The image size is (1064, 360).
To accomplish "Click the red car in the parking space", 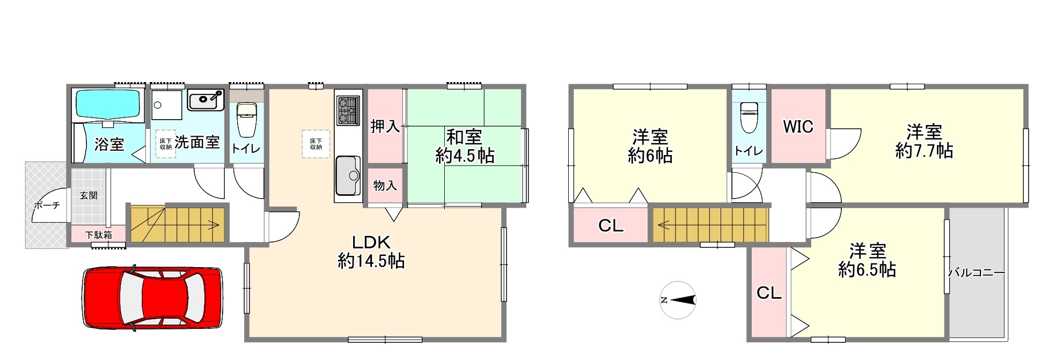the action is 153,298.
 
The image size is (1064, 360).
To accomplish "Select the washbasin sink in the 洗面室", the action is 206,100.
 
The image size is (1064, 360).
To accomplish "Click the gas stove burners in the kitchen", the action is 348,110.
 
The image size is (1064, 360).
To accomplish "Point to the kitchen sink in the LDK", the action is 348,175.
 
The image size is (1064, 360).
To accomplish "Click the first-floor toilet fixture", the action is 247,120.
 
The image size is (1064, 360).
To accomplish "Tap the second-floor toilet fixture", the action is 749,117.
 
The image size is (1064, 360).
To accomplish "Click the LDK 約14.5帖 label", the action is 371,252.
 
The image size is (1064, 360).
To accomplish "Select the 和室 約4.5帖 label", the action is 465,146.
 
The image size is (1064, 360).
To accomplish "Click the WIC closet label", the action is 798,127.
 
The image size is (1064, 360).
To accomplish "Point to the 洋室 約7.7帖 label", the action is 924,142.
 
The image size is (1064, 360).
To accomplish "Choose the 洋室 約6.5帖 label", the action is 867,260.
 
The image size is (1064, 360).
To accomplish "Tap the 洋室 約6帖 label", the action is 650,146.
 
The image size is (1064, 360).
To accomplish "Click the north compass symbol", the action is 678,300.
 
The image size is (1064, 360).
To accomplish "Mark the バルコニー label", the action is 977,273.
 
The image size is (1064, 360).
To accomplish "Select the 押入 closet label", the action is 385,127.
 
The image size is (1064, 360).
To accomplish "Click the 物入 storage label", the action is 385,186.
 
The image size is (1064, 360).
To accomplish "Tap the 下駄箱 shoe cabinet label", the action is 99,234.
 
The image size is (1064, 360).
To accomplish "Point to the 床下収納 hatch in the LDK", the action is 315,144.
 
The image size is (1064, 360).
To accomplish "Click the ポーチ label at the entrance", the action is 47,205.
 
